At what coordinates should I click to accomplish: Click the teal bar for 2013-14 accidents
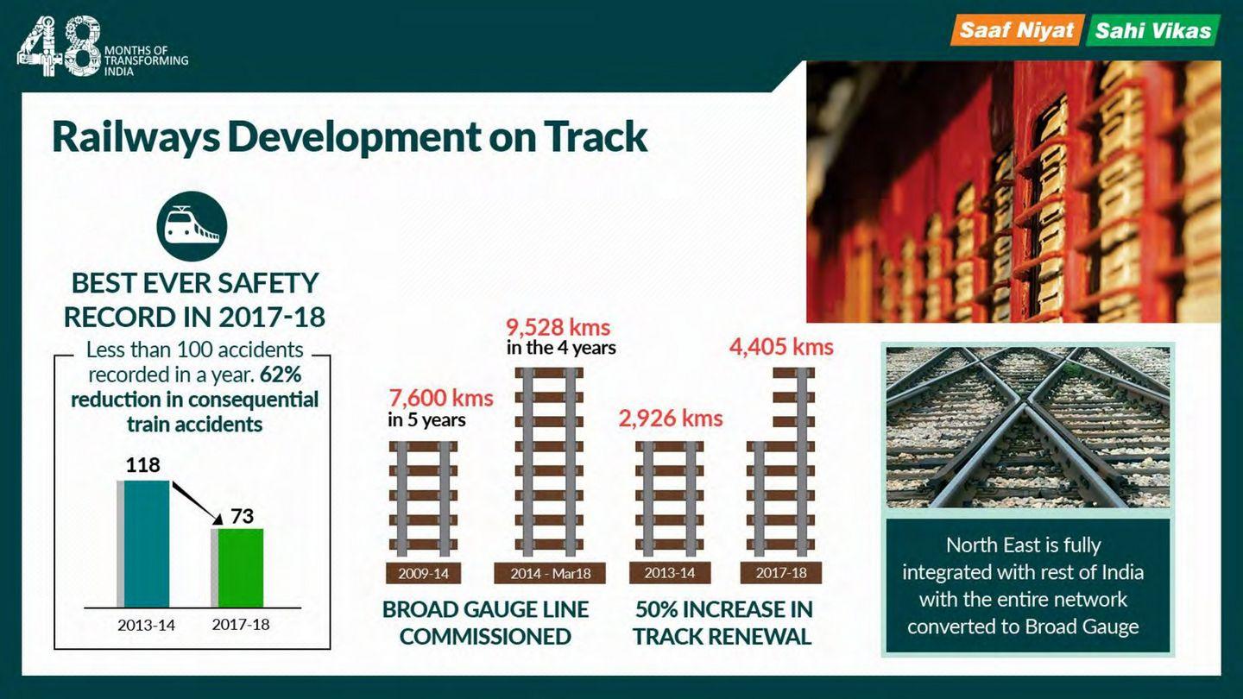[147, 544]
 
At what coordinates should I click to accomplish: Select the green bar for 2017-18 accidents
[240, 568]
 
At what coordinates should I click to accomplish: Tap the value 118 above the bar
[142, 465]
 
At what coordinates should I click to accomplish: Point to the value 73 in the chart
[242, 516]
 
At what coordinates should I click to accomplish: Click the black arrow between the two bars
[197, 502]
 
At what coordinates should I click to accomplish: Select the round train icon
[192, 226]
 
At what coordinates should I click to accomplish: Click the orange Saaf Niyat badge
[1017, 30]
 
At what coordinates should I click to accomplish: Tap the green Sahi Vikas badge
[1153, 30]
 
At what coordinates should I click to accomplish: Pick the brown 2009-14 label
[423, 573]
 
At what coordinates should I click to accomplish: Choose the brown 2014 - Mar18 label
[550, 573]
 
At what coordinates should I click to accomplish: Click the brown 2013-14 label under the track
[670, 573]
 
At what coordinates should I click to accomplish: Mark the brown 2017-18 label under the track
[780, 573]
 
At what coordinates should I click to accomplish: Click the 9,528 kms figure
[558, 327]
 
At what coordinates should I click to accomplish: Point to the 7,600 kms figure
[440, 398]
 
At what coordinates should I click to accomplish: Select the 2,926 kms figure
[671, 418]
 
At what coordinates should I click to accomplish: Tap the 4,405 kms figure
[781, 347]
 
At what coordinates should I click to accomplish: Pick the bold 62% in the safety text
[281, 375]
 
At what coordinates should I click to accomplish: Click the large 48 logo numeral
[59, 46]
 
